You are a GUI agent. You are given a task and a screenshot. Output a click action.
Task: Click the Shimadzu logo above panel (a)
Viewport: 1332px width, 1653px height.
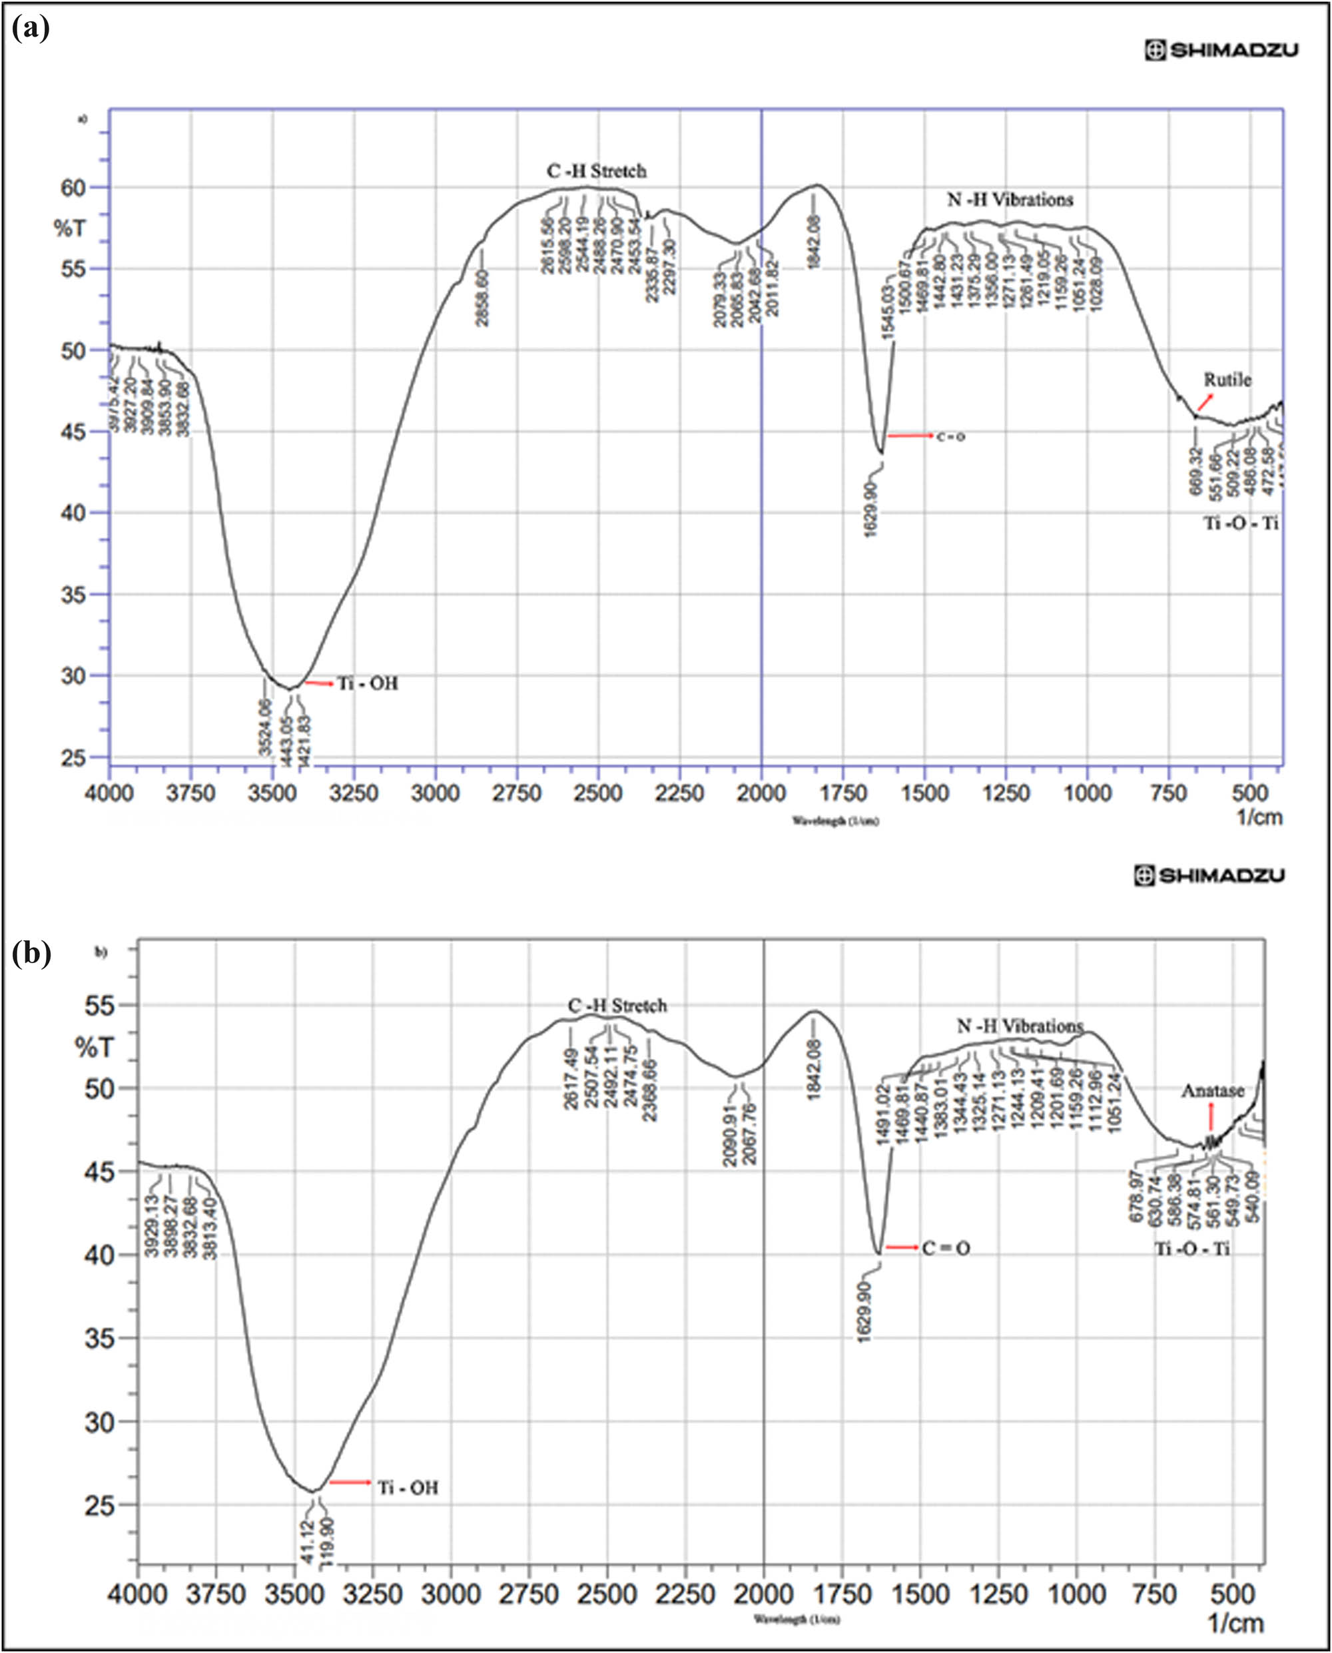point(1221,51)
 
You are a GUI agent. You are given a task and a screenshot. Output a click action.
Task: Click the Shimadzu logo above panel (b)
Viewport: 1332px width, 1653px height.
point(1209,876)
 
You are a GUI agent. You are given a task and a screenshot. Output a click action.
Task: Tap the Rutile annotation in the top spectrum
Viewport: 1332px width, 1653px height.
point(1227,380)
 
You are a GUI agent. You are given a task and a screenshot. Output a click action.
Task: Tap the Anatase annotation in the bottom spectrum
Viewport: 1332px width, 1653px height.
point(1212,1090)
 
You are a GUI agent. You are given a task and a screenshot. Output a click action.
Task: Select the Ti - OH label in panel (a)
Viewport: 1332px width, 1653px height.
point(368,683)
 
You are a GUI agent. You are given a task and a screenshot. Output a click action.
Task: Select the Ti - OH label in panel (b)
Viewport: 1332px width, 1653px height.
point(408,1488)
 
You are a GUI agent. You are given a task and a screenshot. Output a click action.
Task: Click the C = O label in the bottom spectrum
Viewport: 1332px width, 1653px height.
point(946,1249)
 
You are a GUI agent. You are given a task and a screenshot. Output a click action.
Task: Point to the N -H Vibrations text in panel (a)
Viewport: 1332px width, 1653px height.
point(1010,200)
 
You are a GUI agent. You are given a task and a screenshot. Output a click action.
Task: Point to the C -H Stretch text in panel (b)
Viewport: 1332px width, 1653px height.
point(617,1005)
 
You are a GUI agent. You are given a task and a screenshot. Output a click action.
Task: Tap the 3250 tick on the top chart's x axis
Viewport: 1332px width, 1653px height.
point(353,793)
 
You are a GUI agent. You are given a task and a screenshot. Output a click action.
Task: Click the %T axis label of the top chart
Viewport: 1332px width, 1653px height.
point(70,228)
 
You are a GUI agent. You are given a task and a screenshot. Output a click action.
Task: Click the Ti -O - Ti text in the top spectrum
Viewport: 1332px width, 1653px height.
point(1241,523)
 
